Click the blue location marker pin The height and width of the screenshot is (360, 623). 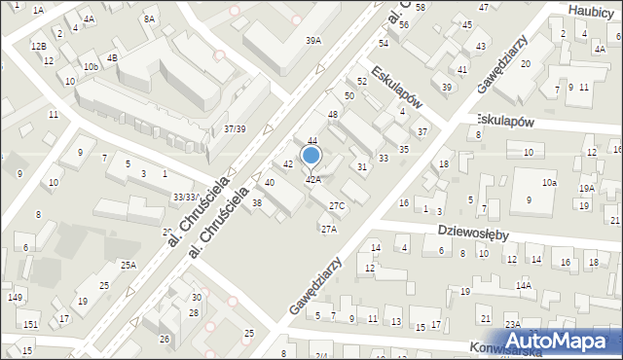311,155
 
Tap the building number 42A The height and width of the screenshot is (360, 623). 313,179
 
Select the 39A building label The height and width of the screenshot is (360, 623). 313,41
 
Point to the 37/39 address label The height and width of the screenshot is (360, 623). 235,128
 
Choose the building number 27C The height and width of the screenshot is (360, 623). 337,205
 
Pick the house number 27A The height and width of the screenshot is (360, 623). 329,229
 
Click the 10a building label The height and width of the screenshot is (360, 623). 550,182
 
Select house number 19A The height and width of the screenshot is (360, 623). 586,189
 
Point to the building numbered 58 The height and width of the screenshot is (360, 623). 421,7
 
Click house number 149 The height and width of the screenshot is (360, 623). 14,298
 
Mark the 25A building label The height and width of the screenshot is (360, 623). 128,265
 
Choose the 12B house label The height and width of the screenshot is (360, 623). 37,46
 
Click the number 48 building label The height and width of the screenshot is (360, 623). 332,115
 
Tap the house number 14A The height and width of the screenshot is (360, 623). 524,285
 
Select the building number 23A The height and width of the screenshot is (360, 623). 512,324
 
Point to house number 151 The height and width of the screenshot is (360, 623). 31,324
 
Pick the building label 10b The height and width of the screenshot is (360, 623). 91,66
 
